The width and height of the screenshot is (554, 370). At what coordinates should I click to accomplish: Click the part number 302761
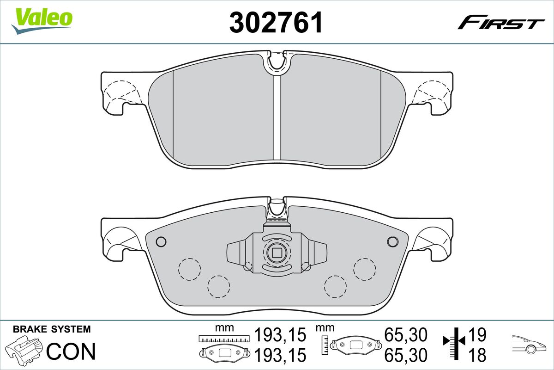pyautogui.click(x=276, y=22)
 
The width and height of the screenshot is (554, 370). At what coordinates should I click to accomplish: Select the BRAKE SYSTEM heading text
pyautogui.click(x=52, y=329)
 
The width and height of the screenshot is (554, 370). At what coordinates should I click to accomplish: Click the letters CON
pyautogui.click(x=71, y=351)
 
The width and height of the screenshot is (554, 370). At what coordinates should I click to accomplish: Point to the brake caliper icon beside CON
pyautogui.click(x=24, y=349)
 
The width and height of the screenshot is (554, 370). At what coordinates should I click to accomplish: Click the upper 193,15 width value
pyautogui.click(x=280, y=335)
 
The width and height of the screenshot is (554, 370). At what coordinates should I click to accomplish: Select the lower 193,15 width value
pyautogui.click(x=280, y=355)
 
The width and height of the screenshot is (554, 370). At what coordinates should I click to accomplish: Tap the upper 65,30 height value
pyautogui.click(x=406, y=335)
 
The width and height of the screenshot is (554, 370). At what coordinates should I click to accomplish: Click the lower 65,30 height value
pyautogui.click(x=406, y=355)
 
